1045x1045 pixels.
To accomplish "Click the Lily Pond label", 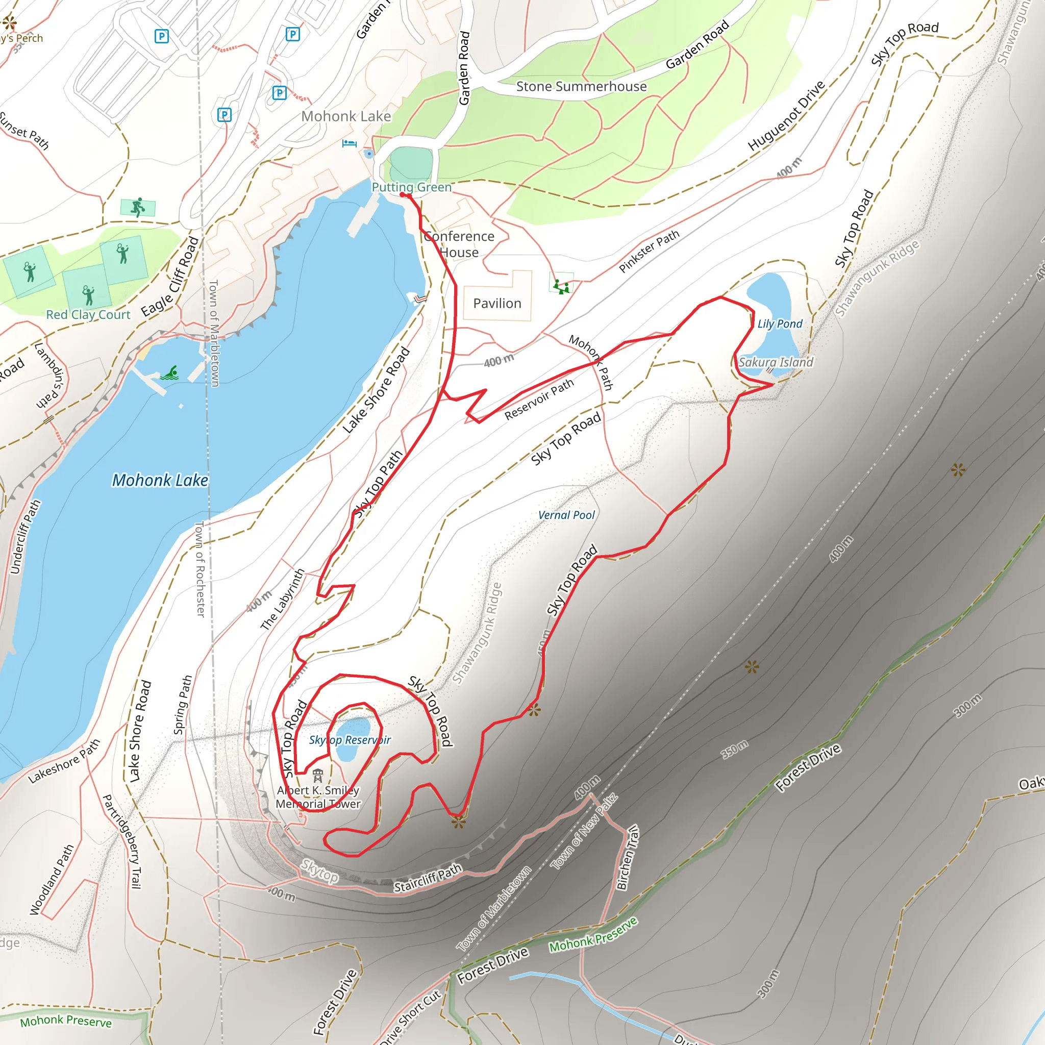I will pos(780,324).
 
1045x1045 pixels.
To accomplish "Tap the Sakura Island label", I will pos(776,362).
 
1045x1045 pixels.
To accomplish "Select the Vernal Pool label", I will pos(566,515).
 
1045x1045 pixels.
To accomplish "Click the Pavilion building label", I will pos(497,304).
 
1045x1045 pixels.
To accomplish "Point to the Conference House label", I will pos(459,244).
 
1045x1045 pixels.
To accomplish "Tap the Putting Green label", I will pos(412,187).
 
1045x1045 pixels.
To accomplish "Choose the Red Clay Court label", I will pos(88,315).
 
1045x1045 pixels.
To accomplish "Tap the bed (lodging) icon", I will pos(350,143).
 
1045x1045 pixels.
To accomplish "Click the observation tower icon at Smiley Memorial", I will pos(317,776).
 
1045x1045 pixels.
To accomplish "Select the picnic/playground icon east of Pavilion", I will pos(561,285).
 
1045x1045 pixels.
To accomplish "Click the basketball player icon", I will pos(138,207).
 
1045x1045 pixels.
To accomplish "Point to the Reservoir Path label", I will pos(539,399).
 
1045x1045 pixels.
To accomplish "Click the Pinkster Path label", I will pos(649,252).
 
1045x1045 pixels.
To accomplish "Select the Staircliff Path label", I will pos(427,878).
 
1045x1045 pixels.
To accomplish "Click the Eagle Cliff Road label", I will pos(170,277).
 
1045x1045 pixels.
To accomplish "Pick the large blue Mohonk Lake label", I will pos(160,480).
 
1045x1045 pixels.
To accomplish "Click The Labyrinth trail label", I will pos(282,600).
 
